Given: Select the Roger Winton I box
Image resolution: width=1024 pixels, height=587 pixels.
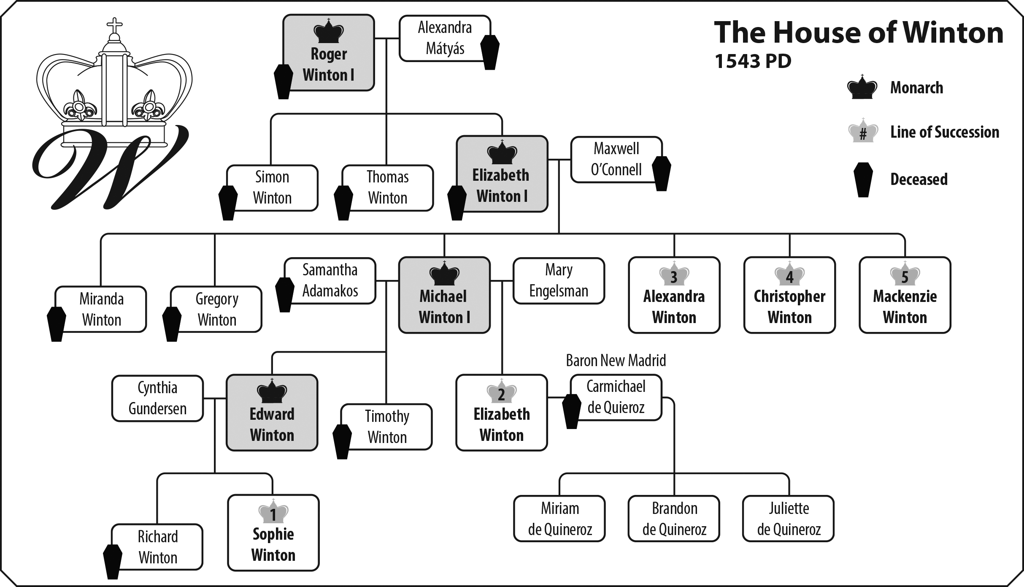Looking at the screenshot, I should click(x=328, y=53).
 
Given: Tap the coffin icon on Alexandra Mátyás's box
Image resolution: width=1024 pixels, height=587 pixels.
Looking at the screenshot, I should click(x=490, y=52).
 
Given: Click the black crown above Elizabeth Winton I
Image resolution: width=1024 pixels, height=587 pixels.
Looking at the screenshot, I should click(x=502, y=152).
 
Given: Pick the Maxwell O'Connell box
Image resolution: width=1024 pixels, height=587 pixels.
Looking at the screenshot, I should click(x=616, y=160).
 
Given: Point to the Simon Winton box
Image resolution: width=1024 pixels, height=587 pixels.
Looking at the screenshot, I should click(x=272, y=188).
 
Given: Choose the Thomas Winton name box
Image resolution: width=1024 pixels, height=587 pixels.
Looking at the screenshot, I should click(x=387, y=188).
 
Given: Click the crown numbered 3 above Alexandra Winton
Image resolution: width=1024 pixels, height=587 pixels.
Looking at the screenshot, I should click(x=674, y=275).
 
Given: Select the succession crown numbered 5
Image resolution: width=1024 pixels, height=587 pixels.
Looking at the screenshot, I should click(x=905, y=275).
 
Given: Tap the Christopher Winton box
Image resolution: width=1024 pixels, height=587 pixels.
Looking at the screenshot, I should click(x=789, y=295).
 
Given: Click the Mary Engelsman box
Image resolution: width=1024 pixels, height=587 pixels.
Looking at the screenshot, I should click(x=559, y=281).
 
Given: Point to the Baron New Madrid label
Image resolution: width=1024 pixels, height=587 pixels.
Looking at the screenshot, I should click(x=616, y=361).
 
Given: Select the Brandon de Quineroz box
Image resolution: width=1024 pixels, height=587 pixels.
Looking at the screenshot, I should click(x=674, y=519).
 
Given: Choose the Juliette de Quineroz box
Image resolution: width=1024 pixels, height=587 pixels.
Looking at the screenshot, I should click(x=788, y=519).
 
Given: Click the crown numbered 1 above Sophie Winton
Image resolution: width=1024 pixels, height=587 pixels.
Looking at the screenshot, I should click(x=273, y=512).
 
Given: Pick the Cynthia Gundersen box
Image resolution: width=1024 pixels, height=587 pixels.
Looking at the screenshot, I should click(x=157, y=398).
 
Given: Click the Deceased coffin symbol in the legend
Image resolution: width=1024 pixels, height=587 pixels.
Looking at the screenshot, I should click(x=863, y=179).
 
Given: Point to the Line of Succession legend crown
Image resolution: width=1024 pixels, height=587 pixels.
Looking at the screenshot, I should click(x=863, y=132).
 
